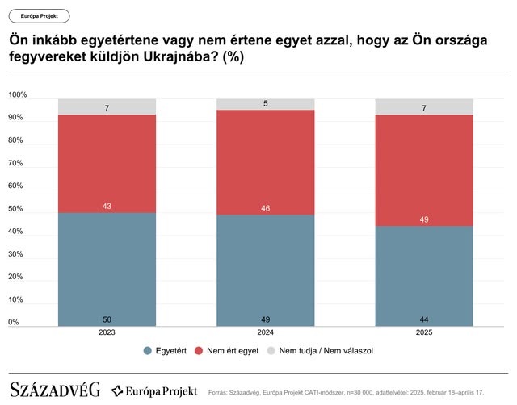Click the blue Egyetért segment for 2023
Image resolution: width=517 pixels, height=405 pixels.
107,268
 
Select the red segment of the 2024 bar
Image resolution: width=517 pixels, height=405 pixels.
265,161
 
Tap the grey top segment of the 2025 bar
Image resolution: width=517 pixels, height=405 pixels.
423,106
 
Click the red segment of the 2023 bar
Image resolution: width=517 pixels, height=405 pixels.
107,164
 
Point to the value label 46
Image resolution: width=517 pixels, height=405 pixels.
265,208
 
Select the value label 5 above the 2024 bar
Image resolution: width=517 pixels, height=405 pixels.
265,103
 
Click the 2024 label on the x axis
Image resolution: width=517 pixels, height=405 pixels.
265,332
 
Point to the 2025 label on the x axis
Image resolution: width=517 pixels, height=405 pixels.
423,332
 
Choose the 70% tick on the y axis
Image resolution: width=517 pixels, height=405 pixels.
17,164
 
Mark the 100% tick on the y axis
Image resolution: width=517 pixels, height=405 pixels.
18,95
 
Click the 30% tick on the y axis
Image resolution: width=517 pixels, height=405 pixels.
17,254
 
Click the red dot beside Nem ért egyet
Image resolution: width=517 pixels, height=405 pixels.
199,351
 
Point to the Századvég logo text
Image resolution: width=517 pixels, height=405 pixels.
54,390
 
